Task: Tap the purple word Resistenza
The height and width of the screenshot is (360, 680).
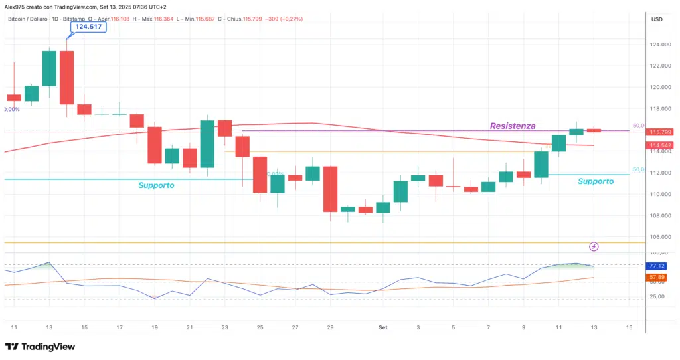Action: [513, 126]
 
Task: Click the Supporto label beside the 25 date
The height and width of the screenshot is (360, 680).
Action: [156, 185]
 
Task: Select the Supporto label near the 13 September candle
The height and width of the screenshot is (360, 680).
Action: [596, 181]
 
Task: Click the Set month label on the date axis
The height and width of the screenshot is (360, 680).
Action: [382, 327]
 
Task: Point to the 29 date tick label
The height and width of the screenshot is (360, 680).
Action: [330, 327]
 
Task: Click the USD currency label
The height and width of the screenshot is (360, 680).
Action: [657, 19]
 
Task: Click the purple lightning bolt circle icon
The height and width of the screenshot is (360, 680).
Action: [594, 246]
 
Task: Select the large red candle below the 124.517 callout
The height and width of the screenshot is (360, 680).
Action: [66, 77]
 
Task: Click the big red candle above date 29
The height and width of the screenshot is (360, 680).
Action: [330, 189]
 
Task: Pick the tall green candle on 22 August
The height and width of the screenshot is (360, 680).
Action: [207, 143]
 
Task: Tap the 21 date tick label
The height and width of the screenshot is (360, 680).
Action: [190, 327]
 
